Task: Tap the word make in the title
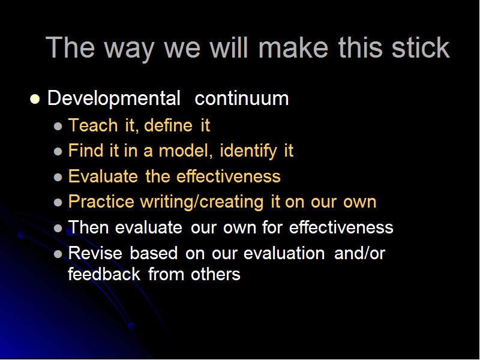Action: coord(293,47)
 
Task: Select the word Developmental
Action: coord(114,98)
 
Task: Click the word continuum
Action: coord(242,98)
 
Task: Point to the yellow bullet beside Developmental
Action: coord(35,99)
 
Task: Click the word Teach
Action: coord(93,125)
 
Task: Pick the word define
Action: coord(169,125)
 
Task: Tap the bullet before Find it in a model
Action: coord(58,152)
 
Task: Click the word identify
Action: coord(248,151)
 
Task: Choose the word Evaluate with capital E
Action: coord(103,176)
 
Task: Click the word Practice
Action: coord(101,202)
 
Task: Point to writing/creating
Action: coord(202,202)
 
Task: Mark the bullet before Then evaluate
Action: coord(58,228)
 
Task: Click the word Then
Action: coord(88,227)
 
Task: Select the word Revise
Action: coord(95,253)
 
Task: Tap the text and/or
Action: coord(359,253)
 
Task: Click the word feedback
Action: coord(104,274)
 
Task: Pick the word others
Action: coord(215,274)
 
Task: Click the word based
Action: coord(154,253)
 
